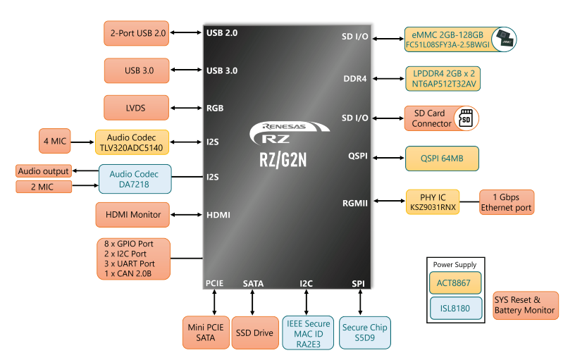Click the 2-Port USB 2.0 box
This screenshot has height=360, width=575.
[x=137, y=33]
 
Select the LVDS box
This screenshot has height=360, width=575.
[x=137, y=108]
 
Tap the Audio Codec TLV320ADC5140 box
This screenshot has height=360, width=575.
[x=132, y=142]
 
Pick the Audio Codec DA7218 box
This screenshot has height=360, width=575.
[x=135, y=179]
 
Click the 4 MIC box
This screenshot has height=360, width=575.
[x=55, y=141]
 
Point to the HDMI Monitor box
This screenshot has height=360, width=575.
[x=132, y=215]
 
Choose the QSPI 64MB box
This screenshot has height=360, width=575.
[x=442, y=159]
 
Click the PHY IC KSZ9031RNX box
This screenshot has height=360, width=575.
[x=433, y=202]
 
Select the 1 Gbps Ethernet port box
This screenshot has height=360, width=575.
[x=507, y=202]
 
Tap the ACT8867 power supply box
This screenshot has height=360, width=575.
[x=455, y=283]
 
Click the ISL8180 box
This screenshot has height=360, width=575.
[x=456, y=309]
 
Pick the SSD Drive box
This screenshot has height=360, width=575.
[x=255, y=333]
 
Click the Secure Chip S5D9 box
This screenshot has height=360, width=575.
[x=365, y=333]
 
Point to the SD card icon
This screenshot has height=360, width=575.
[x=466, y=118]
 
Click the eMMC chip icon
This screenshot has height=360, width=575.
[x=504, y=39]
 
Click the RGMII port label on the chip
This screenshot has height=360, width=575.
[x=354, y=203]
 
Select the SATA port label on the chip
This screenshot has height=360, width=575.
[x=253, y=284]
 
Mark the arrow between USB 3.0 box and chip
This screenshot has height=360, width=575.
[x=186, y=70]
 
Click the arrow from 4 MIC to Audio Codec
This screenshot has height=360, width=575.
[x=82, y=142]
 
